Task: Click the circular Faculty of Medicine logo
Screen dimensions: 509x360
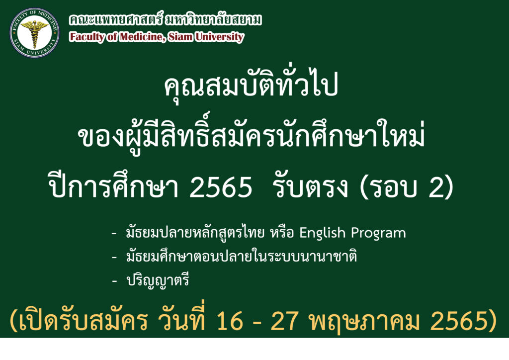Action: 34,32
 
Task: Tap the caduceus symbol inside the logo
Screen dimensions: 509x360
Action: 34,32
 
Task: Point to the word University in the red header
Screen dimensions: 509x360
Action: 219,37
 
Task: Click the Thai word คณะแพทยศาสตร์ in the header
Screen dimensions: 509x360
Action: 115,19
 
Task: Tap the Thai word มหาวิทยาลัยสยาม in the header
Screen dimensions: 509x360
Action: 213,19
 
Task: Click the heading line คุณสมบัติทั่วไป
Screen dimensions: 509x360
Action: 251,85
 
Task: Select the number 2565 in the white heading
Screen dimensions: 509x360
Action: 221,186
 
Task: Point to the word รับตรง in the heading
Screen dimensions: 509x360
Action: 311,186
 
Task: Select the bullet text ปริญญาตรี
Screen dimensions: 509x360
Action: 158,280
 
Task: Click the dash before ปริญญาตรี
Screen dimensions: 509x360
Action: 114,281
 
